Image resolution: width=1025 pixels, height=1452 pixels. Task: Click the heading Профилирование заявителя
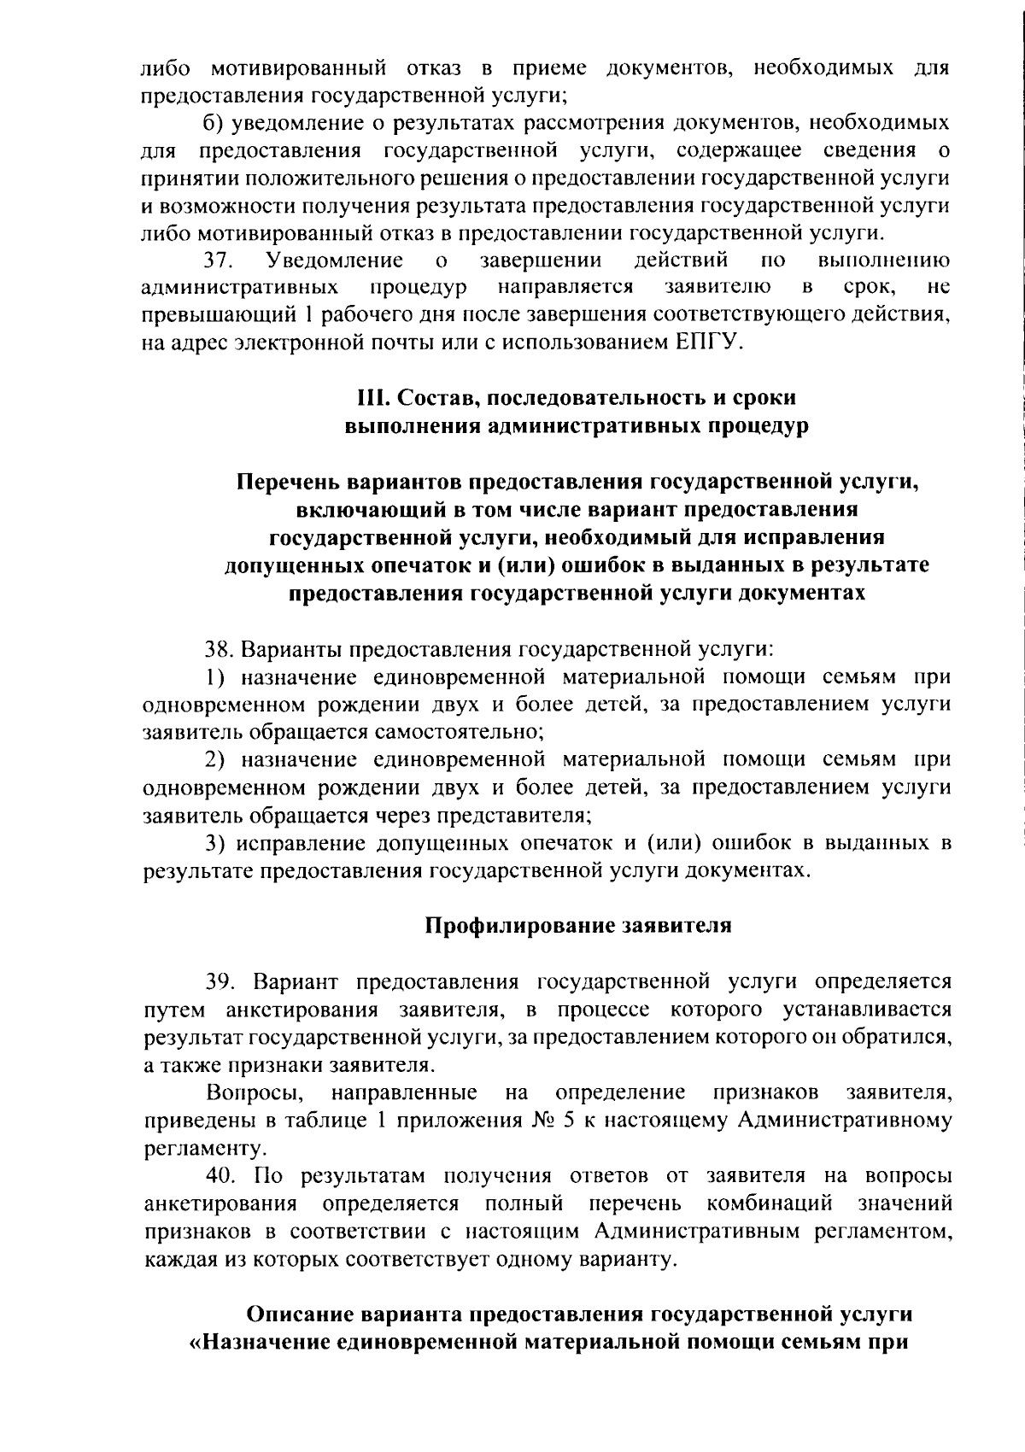tap(578, 926)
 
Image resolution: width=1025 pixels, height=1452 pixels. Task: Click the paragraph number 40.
tap(221, 1176)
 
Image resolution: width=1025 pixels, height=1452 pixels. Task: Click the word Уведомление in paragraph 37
tap(335, 260)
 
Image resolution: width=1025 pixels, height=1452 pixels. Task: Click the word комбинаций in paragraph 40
tap(770, 1204)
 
